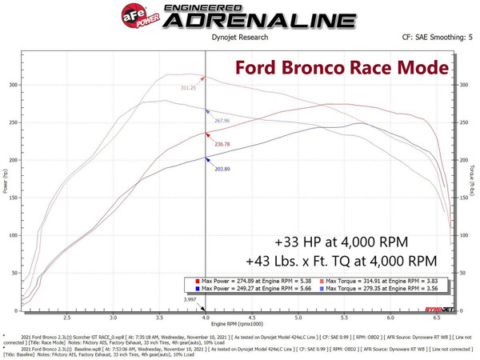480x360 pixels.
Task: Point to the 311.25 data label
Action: tap(187, 88)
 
